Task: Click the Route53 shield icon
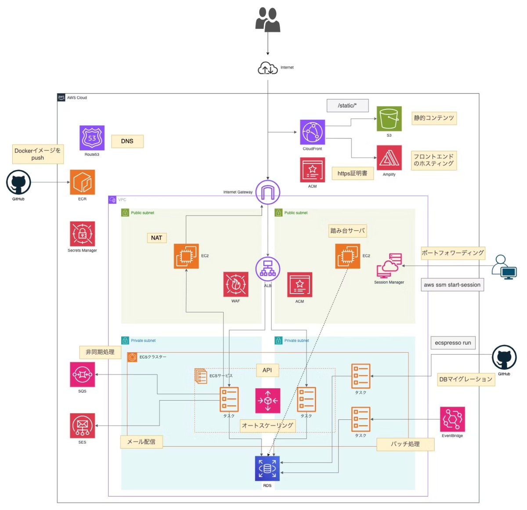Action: [92, 138]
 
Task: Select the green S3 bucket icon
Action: [389, 119]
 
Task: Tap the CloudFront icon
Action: [312, 132]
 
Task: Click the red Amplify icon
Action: [389, 158]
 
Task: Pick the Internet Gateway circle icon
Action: [268, 192]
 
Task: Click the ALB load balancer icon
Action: [268, 268]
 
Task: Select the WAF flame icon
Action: [236, 284]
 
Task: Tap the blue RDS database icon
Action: [267, 468]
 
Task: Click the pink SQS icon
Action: [83, 375]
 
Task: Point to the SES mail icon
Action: [83, 426]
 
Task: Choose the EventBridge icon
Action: [452, 419]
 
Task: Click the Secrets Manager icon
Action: [83, 234]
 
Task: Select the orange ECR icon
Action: [83, 182]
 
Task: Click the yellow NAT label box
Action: [157, 238]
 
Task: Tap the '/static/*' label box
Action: [347, 105]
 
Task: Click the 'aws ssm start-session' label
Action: [452, 285]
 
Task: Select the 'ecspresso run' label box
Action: [453, 343]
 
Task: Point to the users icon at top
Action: [268, 20]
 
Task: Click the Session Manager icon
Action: [389, 265]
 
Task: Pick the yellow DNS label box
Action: [127, 141]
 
